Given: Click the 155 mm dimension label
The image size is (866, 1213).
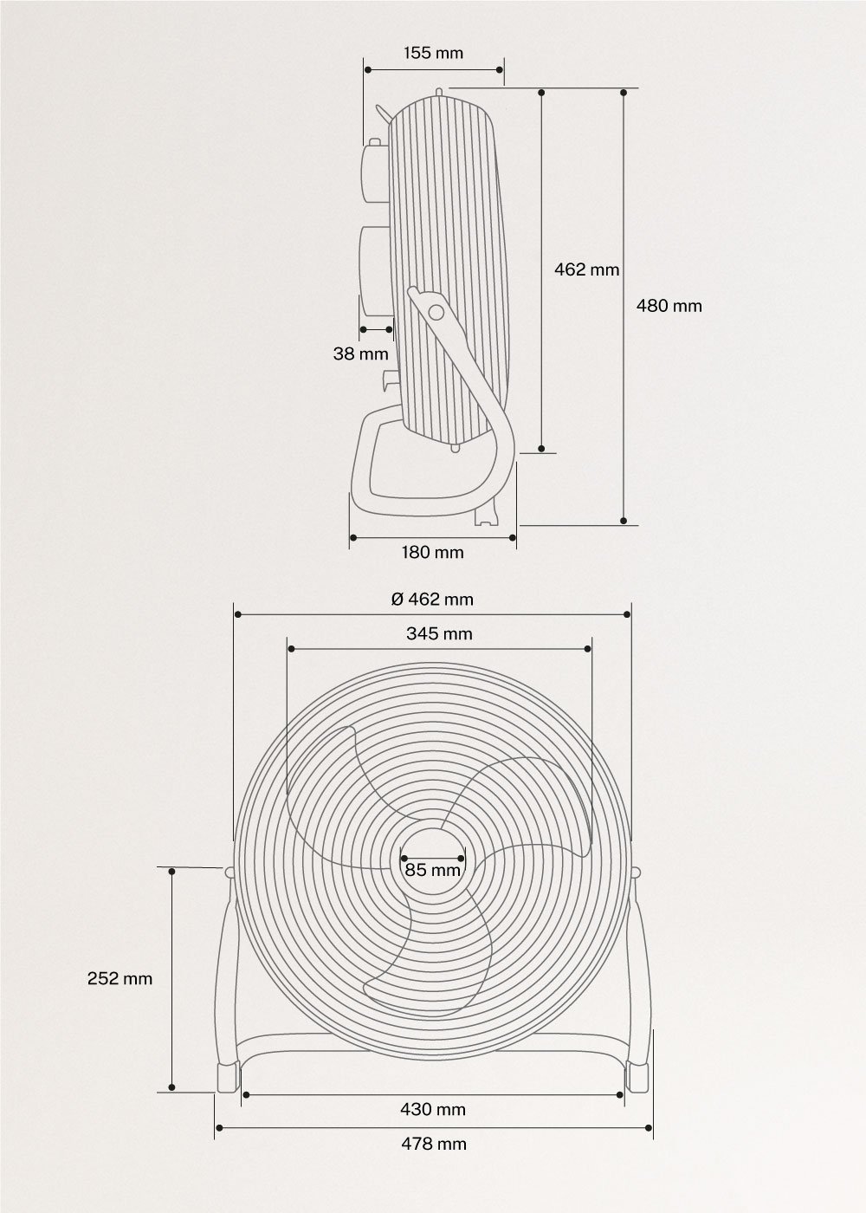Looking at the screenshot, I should (433, 53).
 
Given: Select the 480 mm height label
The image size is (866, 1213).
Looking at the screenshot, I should (669, 305).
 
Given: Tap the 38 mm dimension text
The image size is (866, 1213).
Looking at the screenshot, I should (360, 354).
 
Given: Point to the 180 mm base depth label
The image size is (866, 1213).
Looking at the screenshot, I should (433, 552).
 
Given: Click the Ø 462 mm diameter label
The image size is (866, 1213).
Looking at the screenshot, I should (432, 599).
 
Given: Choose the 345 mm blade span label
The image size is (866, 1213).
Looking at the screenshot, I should (439, 633).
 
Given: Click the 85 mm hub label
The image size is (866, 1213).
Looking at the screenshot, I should (433, 870).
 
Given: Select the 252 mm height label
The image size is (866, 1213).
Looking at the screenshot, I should (120, 978).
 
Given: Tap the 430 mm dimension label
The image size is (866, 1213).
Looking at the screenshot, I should (433, 1109).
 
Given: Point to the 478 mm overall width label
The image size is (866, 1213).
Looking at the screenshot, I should (433, 1144).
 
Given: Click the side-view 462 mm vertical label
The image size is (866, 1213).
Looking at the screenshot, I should (586, 269).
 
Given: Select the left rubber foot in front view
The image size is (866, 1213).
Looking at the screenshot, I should (227, 1077).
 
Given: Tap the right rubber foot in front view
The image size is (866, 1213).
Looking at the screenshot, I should (637, 1077).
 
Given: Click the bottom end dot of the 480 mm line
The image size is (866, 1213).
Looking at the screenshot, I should (624, 521).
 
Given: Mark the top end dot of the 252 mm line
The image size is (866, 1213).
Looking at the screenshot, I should (172, 870).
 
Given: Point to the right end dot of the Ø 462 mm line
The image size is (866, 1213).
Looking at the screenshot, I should (628, 614).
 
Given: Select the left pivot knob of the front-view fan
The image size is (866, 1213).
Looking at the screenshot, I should (230, 872).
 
